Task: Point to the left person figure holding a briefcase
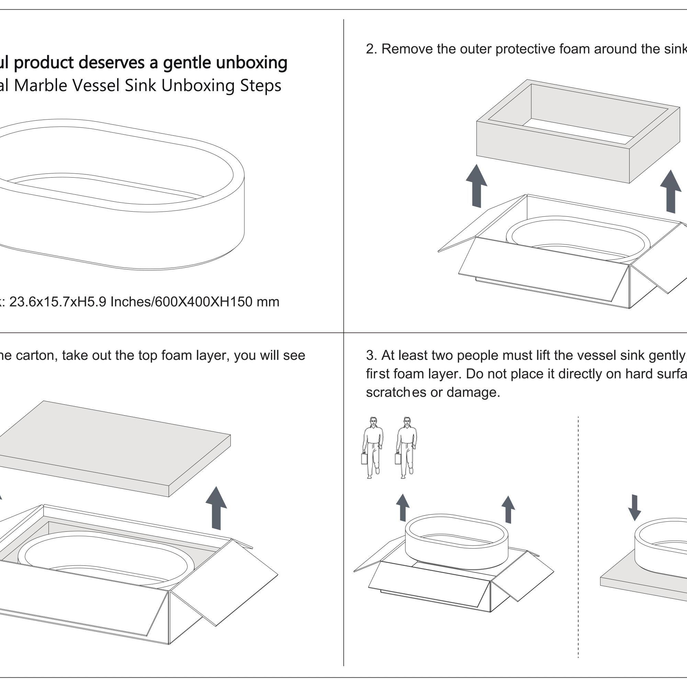pos(372,448)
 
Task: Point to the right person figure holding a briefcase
pos(405,448)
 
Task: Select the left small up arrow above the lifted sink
pos(403,507)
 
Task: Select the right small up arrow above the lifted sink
pos(508,509)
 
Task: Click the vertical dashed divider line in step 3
pos(578,533)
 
